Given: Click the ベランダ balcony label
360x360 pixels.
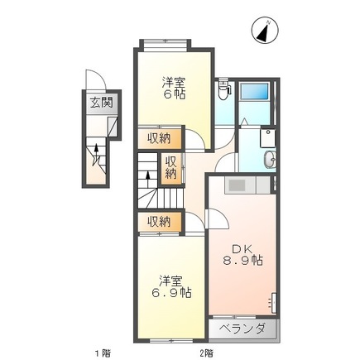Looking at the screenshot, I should tap(242, 329).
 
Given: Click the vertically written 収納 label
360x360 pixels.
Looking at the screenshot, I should tap(170, 167).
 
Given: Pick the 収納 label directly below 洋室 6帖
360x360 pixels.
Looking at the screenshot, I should tap(160, 137).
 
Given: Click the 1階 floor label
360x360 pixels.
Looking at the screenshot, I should tap(102, 353).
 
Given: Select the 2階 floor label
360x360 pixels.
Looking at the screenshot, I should tap(206, 353).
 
